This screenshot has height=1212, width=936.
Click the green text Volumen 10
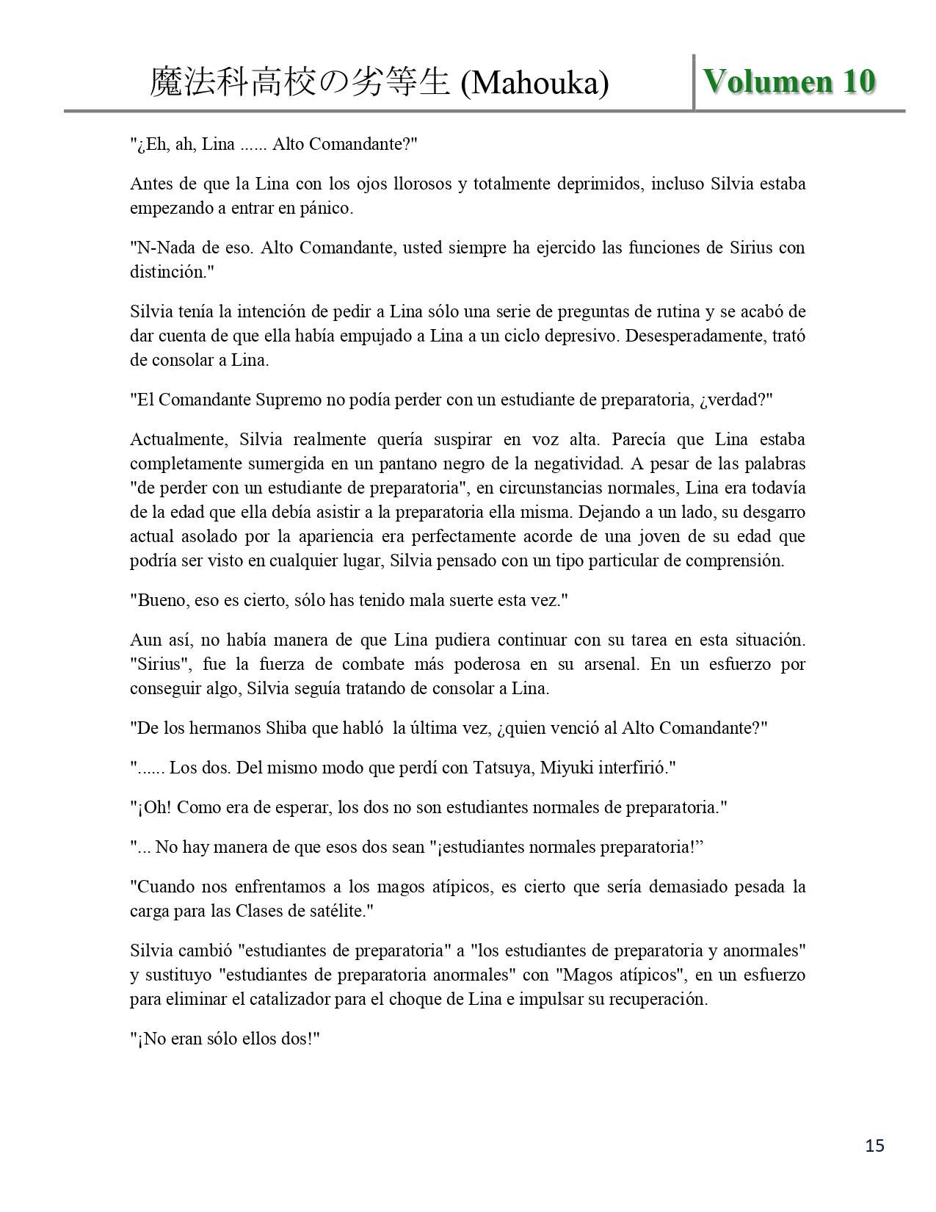[789, 81]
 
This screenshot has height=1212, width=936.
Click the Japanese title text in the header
[300, 83]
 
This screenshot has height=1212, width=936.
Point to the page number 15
[875, 1145]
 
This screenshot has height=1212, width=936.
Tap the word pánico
[327, 208]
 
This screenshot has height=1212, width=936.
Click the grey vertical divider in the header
[694, 82]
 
